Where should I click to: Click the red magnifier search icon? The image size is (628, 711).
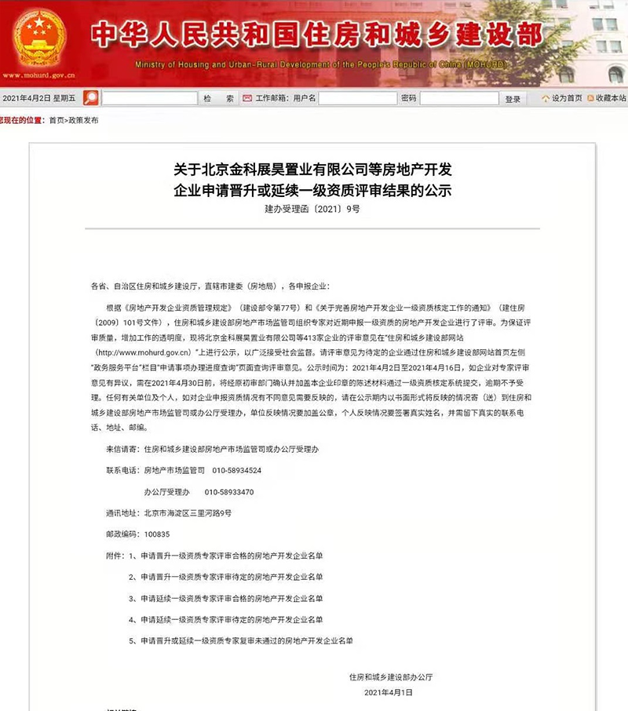pyautogui.click(x=91, y=98)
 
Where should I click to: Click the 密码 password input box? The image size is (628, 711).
pyautogui.click(x=459, y=99)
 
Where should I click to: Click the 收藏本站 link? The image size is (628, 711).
pyautogui.click(x=610, y=99)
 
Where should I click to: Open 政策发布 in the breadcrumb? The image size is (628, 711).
pyautogui.click(x=84, y=121)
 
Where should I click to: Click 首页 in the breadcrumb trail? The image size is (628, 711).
pyautogui.click(x=57, y=121)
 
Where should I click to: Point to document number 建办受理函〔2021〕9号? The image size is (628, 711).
pyautogui.click(x=312, y=210)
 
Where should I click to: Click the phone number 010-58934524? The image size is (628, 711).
pyautogui.click(x=236, y=470)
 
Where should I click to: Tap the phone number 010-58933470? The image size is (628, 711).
pyautogui.click(x=229, y=492)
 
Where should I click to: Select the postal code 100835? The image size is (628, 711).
pyautogui.click(x=156, y=534)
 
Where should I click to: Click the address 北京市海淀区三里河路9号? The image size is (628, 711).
pyautogui.click(x=188, y=512)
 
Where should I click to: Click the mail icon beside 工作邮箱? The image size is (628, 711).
pyautogui.click(x=247, y=99)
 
